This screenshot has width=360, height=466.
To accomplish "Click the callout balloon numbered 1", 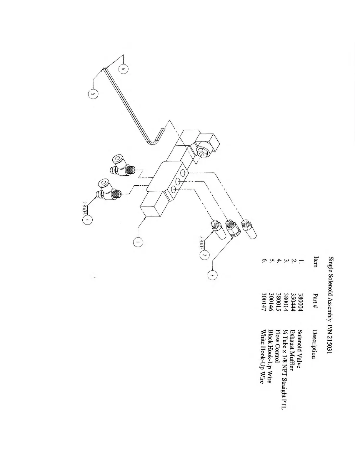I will (x=138, y=242).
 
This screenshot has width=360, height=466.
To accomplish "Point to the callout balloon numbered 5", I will (x=93, y=94).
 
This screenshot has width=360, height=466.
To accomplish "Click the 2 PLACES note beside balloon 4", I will (x=84, y=208).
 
